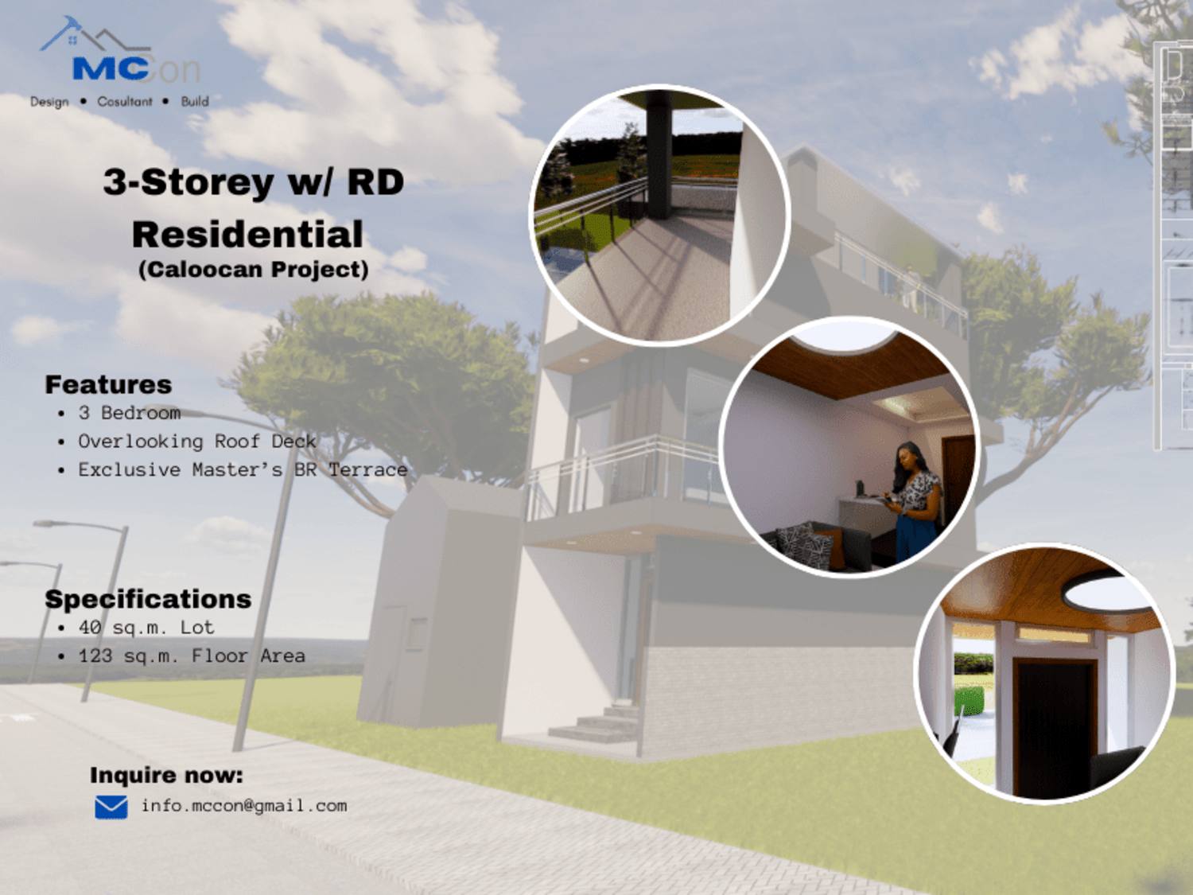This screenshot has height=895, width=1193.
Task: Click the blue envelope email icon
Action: (111, 807)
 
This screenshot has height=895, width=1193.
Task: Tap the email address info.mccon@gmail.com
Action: (244, 806)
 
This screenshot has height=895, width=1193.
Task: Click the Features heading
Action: (108, 385)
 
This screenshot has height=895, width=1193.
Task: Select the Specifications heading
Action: (148, 599)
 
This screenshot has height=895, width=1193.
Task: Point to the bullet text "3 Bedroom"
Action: (130, 413)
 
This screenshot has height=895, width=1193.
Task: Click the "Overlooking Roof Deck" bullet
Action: (196, 442)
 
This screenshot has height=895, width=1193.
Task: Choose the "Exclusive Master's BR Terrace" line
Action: (243, 469)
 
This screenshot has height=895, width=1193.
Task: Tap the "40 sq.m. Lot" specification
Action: (146, 628)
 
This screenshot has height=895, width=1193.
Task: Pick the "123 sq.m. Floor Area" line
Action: (192, 656)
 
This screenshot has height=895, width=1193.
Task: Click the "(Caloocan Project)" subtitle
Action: (253, 270)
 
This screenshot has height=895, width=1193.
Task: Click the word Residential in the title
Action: (247, 234)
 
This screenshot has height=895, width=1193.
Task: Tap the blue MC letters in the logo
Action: (111, 68)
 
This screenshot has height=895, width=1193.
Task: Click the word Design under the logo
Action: (49, 102)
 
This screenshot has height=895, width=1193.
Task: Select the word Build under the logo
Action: (195, 101)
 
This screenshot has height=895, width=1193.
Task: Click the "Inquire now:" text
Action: (166, 776)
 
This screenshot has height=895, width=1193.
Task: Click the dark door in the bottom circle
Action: (1053, 728)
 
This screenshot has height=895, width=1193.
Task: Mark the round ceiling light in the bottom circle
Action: (1109, 593)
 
